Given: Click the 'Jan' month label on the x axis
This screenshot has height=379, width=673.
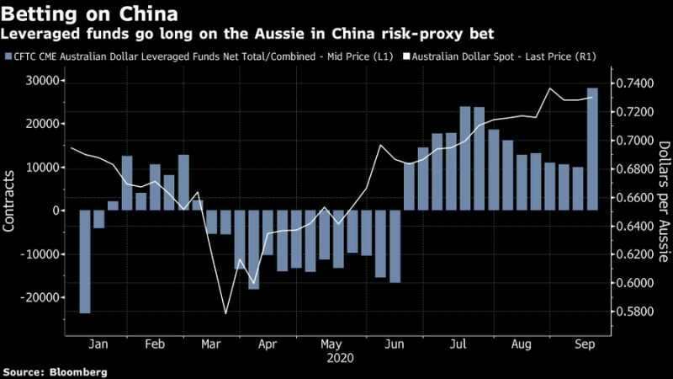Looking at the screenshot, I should (98, 344).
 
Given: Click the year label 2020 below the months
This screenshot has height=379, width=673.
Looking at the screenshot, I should (339, 358).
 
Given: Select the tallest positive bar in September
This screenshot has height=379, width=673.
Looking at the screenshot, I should (591, 148).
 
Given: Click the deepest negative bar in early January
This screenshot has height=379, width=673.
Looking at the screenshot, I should (85, 261).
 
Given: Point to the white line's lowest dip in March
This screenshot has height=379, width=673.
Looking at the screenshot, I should (225, 313).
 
